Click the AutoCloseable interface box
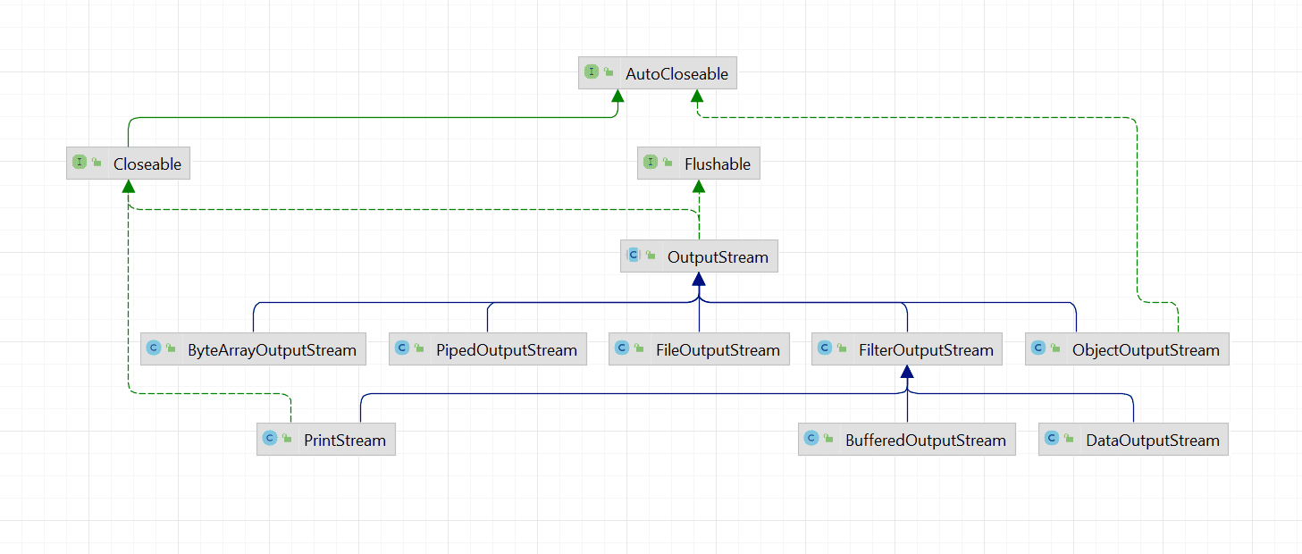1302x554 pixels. [x=658, y=74]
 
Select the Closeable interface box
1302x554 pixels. [x=129, y=164]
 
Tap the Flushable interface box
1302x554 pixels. [x=699, y=164]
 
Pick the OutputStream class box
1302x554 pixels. [x=699, y=257]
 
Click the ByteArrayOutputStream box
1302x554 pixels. [x=254, y=350]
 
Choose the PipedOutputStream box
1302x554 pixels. [x=488, y=350]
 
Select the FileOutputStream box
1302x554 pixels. [x=699, y=350]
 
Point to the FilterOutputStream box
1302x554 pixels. [x=907, y=350]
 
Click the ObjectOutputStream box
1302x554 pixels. [x=1127, y=350]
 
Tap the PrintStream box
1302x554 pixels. [x=326, y=441]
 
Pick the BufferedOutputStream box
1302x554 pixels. [x=907, y=441]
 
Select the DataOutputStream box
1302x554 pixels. [x=1133, y=441]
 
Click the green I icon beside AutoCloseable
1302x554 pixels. [x=592, y=73]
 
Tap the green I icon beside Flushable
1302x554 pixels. [x=651, y=163]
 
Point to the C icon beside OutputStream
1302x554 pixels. [x=634, y=256]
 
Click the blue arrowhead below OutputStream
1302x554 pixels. [x=699, y=280]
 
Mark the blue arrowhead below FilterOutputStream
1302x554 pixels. [x=907, y=373]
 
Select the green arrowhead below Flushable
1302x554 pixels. [x=699, y=187]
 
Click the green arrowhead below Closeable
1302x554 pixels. [x=129, y=187]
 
